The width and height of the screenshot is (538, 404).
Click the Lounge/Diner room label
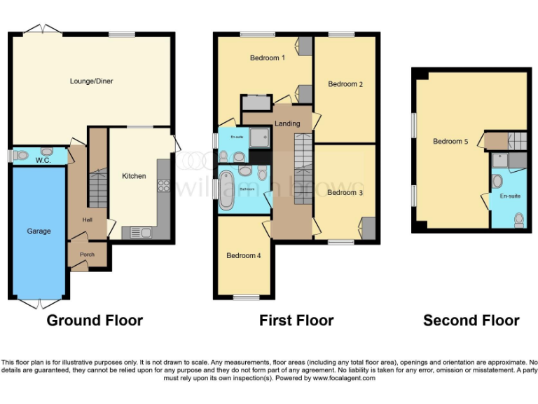point(91,81)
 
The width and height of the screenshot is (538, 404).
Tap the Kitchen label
point(134,176)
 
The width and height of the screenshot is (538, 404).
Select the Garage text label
point(39,231)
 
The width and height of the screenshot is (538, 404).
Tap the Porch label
point(87,254)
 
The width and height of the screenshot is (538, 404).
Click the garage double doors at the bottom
point(39,303)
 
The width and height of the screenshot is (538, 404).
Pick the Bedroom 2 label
point(345,84)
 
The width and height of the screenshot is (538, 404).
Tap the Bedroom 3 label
point(345,192)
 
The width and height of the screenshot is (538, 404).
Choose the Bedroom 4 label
point(243,256)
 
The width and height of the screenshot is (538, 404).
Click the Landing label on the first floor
point(287,124)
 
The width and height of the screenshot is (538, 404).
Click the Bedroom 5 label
point(450,142)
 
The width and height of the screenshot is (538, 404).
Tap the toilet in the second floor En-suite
point(519,220)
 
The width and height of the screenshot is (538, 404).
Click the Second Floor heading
point(471,321)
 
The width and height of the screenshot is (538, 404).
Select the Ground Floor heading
point(95,321)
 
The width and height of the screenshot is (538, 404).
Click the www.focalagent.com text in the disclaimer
point(344,378)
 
